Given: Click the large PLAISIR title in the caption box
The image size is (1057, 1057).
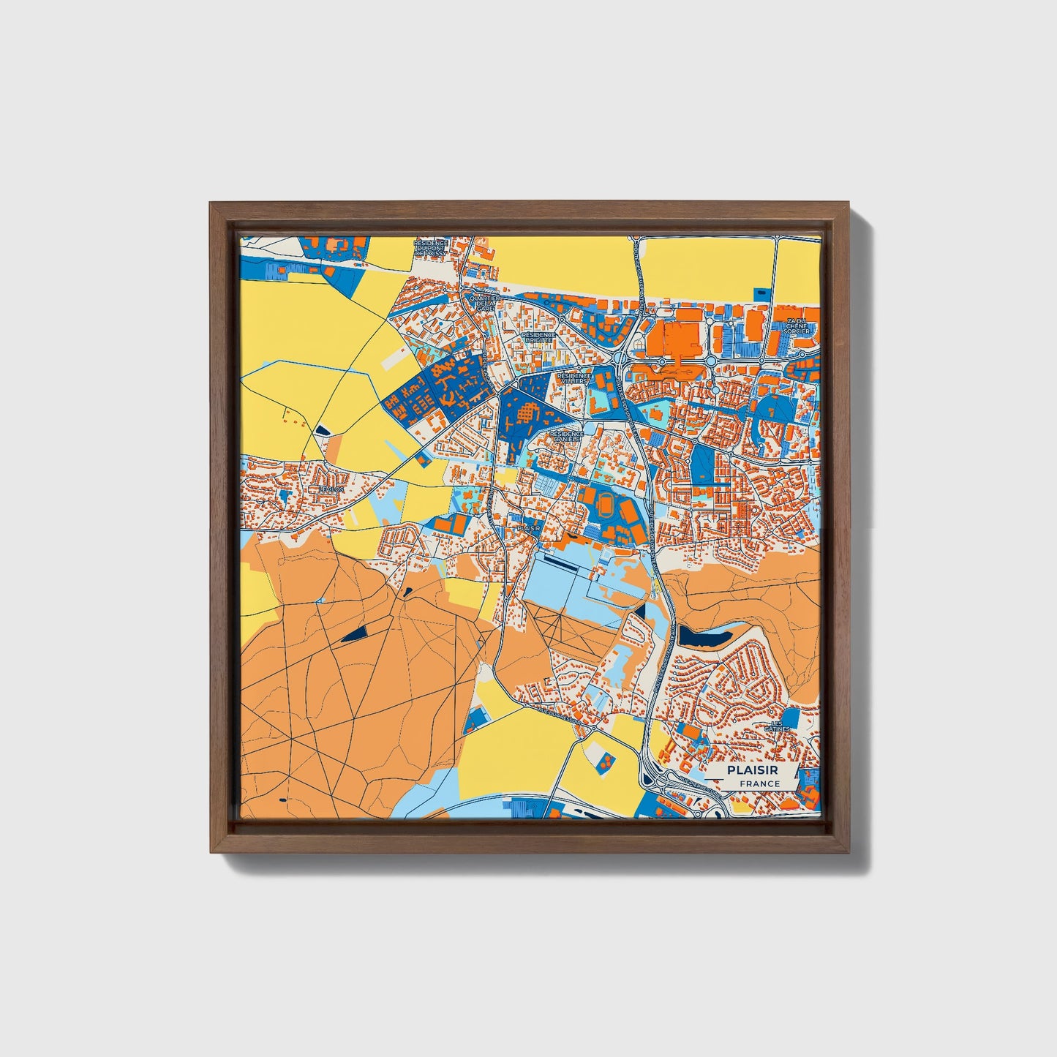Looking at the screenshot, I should point(752,770).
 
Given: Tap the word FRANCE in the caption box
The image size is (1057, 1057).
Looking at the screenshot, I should point(759,783).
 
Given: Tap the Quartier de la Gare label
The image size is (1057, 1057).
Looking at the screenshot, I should point(486,304).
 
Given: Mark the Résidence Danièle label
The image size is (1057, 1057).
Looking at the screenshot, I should point(567,436).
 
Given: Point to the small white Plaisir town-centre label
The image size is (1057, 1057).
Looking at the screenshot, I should point(528,527).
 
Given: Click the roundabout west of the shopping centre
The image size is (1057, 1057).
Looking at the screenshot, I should point(621,359).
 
